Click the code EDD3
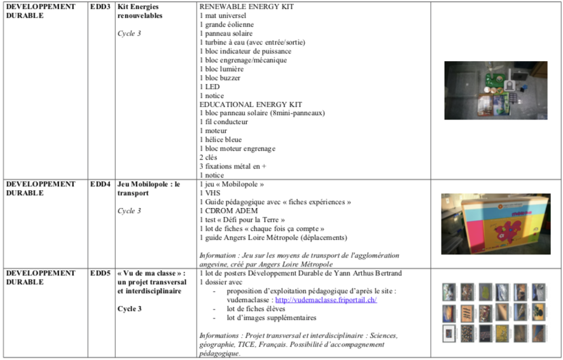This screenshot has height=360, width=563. tap(100, 6)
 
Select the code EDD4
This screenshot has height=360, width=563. tap(100, 184)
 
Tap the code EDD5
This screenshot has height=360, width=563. tap(100, 273)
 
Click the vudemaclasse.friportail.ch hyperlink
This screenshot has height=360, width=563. tap(326, 300)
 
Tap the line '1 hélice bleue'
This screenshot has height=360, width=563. tap(221, 140)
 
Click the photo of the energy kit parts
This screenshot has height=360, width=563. tap(496, 90)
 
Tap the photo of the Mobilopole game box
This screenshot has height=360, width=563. tap(496, 224)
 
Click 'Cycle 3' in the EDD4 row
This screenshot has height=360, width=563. tap(129, 211)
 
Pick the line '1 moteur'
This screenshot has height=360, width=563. tap(216, 131)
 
